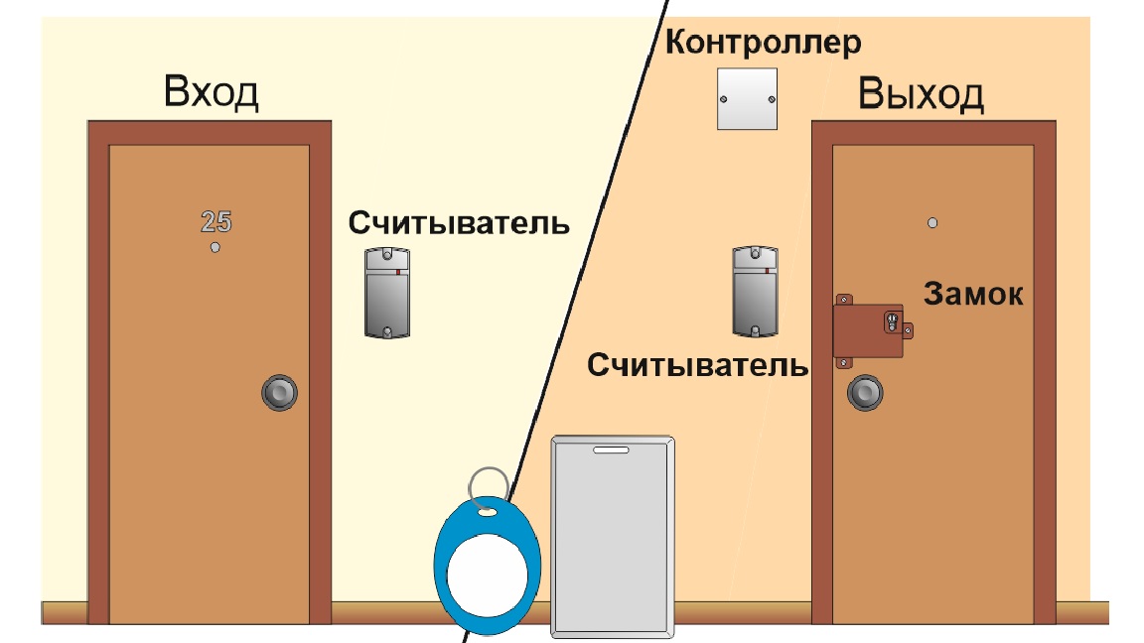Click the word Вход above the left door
[x=211, y=92]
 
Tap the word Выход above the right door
[x=921, y=94]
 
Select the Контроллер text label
[x=763, y=43]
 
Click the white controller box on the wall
[x=747, y=99]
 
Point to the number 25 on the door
[x=215, y=221]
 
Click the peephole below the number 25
[x=215, y=248]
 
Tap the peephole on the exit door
[x=932, y=223]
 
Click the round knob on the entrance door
[x=279, y=393]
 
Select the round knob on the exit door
[x=865, y=393]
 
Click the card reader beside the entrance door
[x=387, y=293]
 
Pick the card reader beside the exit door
[x=755, y=292]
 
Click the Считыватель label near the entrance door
[x=459, y=223]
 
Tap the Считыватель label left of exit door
[x=697, y=365]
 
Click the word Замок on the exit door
[x=973, y=294]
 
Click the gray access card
[x=613, y=537]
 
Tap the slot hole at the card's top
[x=611, y=450]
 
